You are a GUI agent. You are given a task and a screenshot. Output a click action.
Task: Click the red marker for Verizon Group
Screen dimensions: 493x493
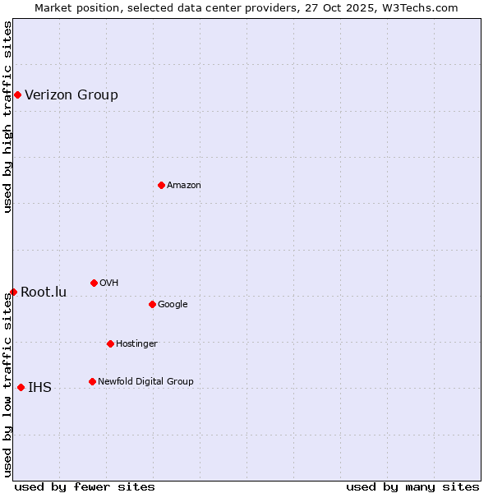(x=17, y=94)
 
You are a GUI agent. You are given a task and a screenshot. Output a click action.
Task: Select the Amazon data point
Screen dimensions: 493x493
(x=161, y=185)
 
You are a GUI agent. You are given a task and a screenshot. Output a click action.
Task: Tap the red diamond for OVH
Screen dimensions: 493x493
(x=94, y=283)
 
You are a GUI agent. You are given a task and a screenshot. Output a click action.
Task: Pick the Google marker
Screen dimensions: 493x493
(x=152, y=304)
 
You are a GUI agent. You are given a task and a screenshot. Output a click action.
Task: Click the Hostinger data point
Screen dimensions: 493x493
(x=110, y=343)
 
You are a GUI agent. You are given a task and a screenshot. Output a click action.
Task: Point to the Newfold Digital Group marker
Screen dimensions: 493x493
(x=92, y=381)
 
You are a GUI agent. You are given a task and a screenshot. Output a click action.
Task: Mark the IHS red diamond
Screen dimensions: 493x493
(x=21, y=387)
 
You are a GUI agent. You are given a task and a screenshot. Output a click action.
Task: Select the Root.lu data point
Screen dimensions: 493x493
(x=13, y=292)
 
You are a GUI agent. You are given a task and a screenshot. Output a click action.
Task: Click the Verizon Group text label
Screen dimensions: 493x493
(x=71, y=94)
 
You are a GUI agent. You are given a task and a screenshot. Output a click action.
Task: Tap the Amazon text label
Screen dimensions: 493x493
(x=184, y=185)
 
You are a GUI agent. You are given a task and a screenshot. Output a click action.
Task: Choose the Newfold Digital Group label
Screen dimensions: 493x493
(x=145, y=381)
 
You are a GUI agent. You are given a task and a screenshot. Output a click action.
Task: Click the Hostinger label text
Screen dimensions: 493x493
(x=136, y=343)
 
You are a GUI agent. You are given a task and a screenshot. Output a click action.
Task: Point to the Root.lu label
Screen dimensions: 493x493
(x=44, y=292)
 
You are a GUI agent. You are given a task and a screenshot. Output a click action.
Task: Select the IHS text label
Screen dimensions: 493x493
(x=39, y=387)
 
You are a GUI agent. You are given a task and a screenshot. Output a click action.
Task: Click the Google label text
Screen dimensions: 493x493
(x=173, y=304)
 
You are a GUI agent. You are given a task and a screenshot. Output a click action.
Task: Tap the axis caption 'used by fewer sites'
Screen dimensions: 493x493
(x=85, y=486)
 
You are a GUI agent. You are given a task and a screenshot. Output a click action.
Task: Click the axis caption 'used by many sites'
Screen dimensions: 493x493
(x=412, y=486)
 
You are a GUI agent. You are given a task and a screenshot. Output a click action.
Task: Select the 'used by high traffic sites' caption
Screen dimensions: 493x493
(x=7, y=117)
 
